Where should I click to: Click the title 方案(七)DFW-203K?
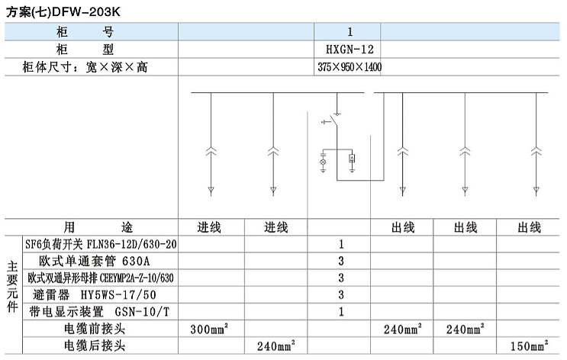pyautogui.click(x=63, y=12)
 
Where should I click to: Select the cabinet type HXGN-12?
pyautogui.click(x=350, y=49)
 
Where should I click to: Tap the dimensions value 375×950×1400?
pyautogui.click(x=350, y=67)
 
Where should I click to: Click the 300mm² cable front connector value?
pyautogui.click(x=209, y=329)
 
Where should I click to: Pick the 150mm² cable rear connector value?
pyautogui.click(x=529, y=346)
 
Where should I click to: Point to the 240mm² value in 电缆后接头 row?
pyautogui.click(x=276, y=346)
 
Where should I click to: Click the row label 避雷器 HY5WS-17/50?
pyautogui.click(x=95, y=294)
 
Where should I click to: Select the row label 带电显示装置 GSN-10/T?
pyautogui.click(x=99, y=311)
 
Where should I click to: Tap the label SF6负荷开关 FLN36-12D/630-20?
pyautogui.click(x=101, y=245)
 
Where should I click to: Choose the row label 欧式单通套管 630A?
pyautogui.click(x=95, y=261)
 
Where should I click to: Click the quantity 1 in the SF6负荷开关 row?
pyautogui.click(x=341, y=245)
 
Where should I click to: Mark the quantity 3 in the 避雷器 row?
pyautogui.click(x=341, y=294)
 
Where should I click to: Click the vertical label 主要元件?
pyautogui.click(x=12, y=287)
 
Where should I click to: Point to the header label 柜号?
pyautogui.click(x=85, y=32)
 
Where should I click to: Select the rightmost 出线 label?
pyautogui.click(x=529, y=227)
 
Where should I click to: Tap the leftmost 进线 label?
pyautogui.click(x=209, y=227)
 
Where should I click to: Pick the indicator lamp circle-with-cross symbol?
pyautogui.click(x=324, y=162)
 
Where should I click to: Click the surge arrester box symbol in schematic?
pyautogui.click(x=352, y=158)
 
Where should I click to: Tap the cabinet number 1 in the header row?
pyautogui.click(x=350, y=32)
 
